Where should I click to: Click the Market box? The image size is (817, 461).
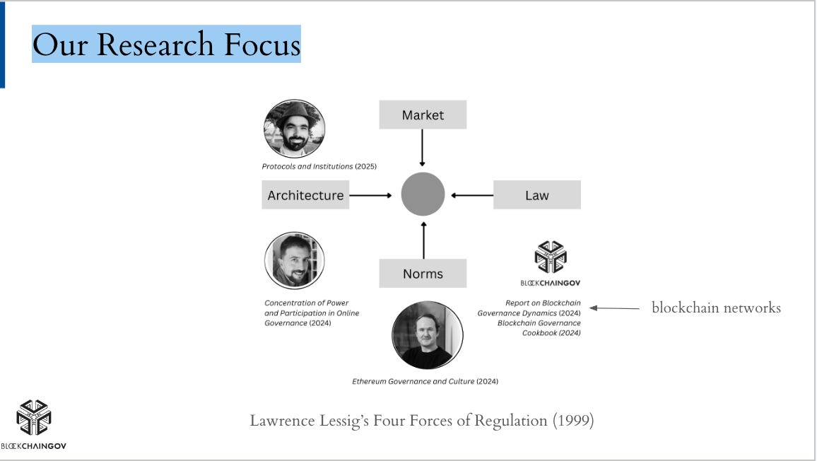click(423, 115)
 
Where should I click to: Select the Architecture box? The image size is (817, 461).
click(305, 195)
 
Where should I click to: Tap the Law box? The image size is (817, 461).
click(536, 195)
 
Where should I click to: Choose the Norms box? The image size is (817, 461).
click(423, 274)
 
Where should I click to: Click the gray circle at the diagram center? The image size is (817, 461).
click(423, 194)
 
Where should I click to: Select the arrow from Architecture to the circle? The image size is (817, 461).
click(370, 195)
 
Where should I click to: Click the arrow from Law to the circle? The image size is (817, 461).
click(472, 195)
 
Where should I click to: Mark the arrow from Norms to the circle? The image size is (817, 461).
click(423, 240)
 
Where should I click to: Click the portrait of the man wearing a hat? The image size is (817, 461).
click(294, 129)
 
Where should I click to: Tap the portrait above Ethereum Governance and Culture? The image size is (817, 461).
click(427, 335)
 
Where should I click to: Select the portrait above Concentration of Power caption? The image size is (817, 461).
click(294, 261)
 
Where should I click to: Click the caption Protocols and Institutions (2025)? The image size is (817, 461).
click(319, 167)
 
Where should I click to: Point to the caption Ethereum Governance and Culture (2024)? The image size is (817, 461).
click(425, 381)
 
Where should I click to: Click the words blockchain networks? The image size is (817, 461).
click(716, 308)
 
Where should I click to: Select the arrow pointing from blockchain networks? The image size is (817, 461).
click(613, 308)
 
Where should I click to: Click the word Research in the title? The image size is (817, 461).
click(155, 45)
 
